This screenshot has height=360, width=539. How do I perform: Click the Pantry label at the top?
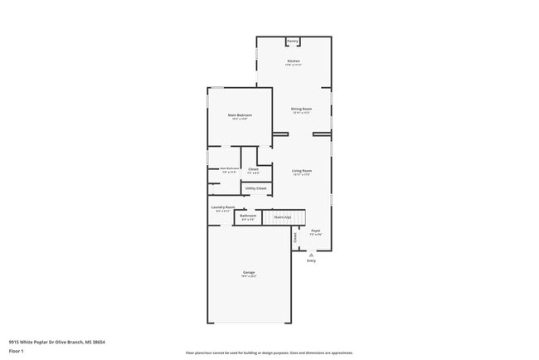pos(293,41)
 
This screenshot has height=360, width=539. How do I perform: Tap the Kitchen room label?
pos(294,61)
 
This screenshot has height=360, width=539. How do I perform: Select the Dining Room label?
pos(301,109)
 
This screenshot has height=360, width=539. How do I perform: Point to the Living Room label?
pos(301,170)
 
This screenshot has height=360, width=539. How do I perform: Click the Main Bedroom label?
pos(240,115)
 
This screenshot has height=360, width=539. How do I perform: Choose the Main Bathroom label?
pos(229,168)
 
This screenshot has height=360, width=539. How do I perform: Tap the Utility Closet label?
pos(256,188)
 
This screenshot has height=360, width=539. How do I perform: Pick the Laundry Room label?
pos(223,207)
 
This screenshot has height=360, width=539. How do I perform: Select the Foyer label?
pos(316,231)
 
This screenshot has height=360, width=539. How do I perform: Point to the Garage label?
pos(249,272)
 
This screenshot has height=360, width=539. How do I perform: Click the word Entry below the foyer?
pos(312,260)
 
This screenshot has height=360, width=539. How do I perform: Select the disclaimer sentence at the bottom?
pos(269,352)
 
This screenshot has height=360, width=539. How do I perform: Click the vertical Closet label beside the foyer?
pos(295,237)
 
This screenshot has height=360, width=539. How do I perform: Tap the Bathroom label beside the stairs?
pos(248,216)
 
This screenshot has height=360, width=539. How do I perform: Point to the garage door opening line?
pos(249,323)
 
